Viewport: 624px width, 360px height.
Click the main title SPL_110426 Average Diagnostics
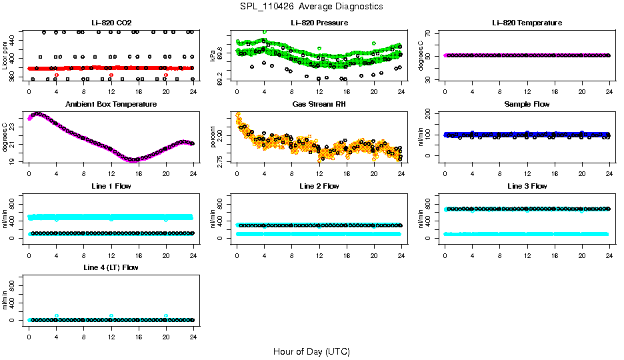point(312,6)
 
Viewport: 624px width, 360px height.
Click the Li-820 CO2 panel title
point(111,23)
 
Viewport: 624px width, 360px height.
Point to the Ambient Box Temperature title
point(111,105)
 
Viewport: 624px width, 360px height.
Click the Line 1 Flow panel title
point(111,186)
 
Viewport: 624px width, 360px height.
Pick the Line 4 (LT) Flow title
point(111,267)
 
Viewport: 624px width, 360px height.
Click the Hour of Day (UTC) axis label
point(311,351)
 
